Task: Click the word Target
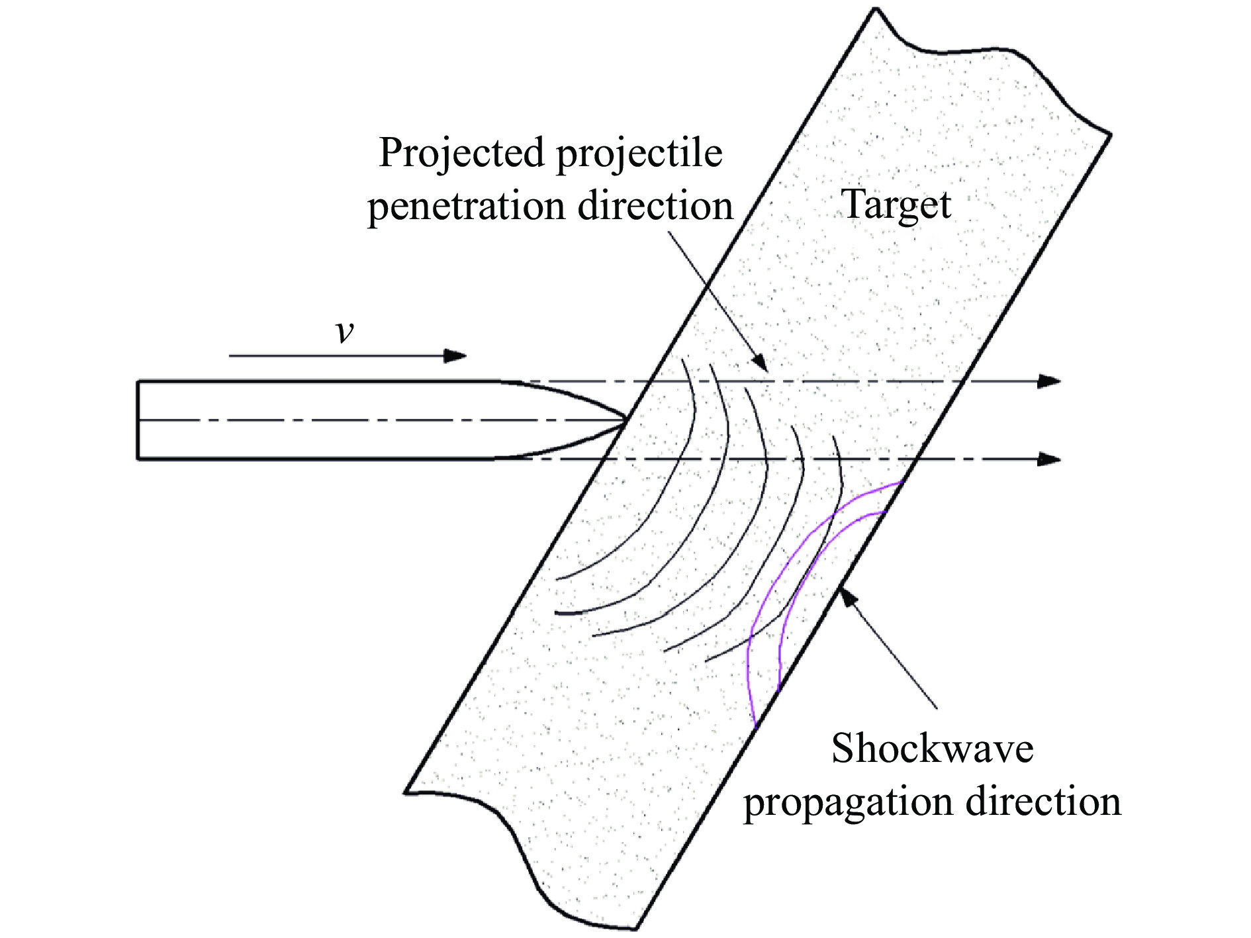896,205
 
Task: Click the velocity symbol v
344,331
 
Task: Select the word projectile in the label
639,154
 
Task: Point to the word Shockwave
932,749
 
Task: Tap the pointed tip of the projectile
625,419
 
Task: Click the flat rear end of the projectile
138,420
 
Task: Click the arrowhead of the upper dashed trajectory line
1049,381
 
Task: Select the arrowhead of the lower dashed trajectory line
1049,459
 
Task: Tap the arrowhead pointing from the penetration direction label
762,365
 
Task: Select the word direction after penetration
655,207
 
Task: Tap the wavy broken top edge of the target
993,60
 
